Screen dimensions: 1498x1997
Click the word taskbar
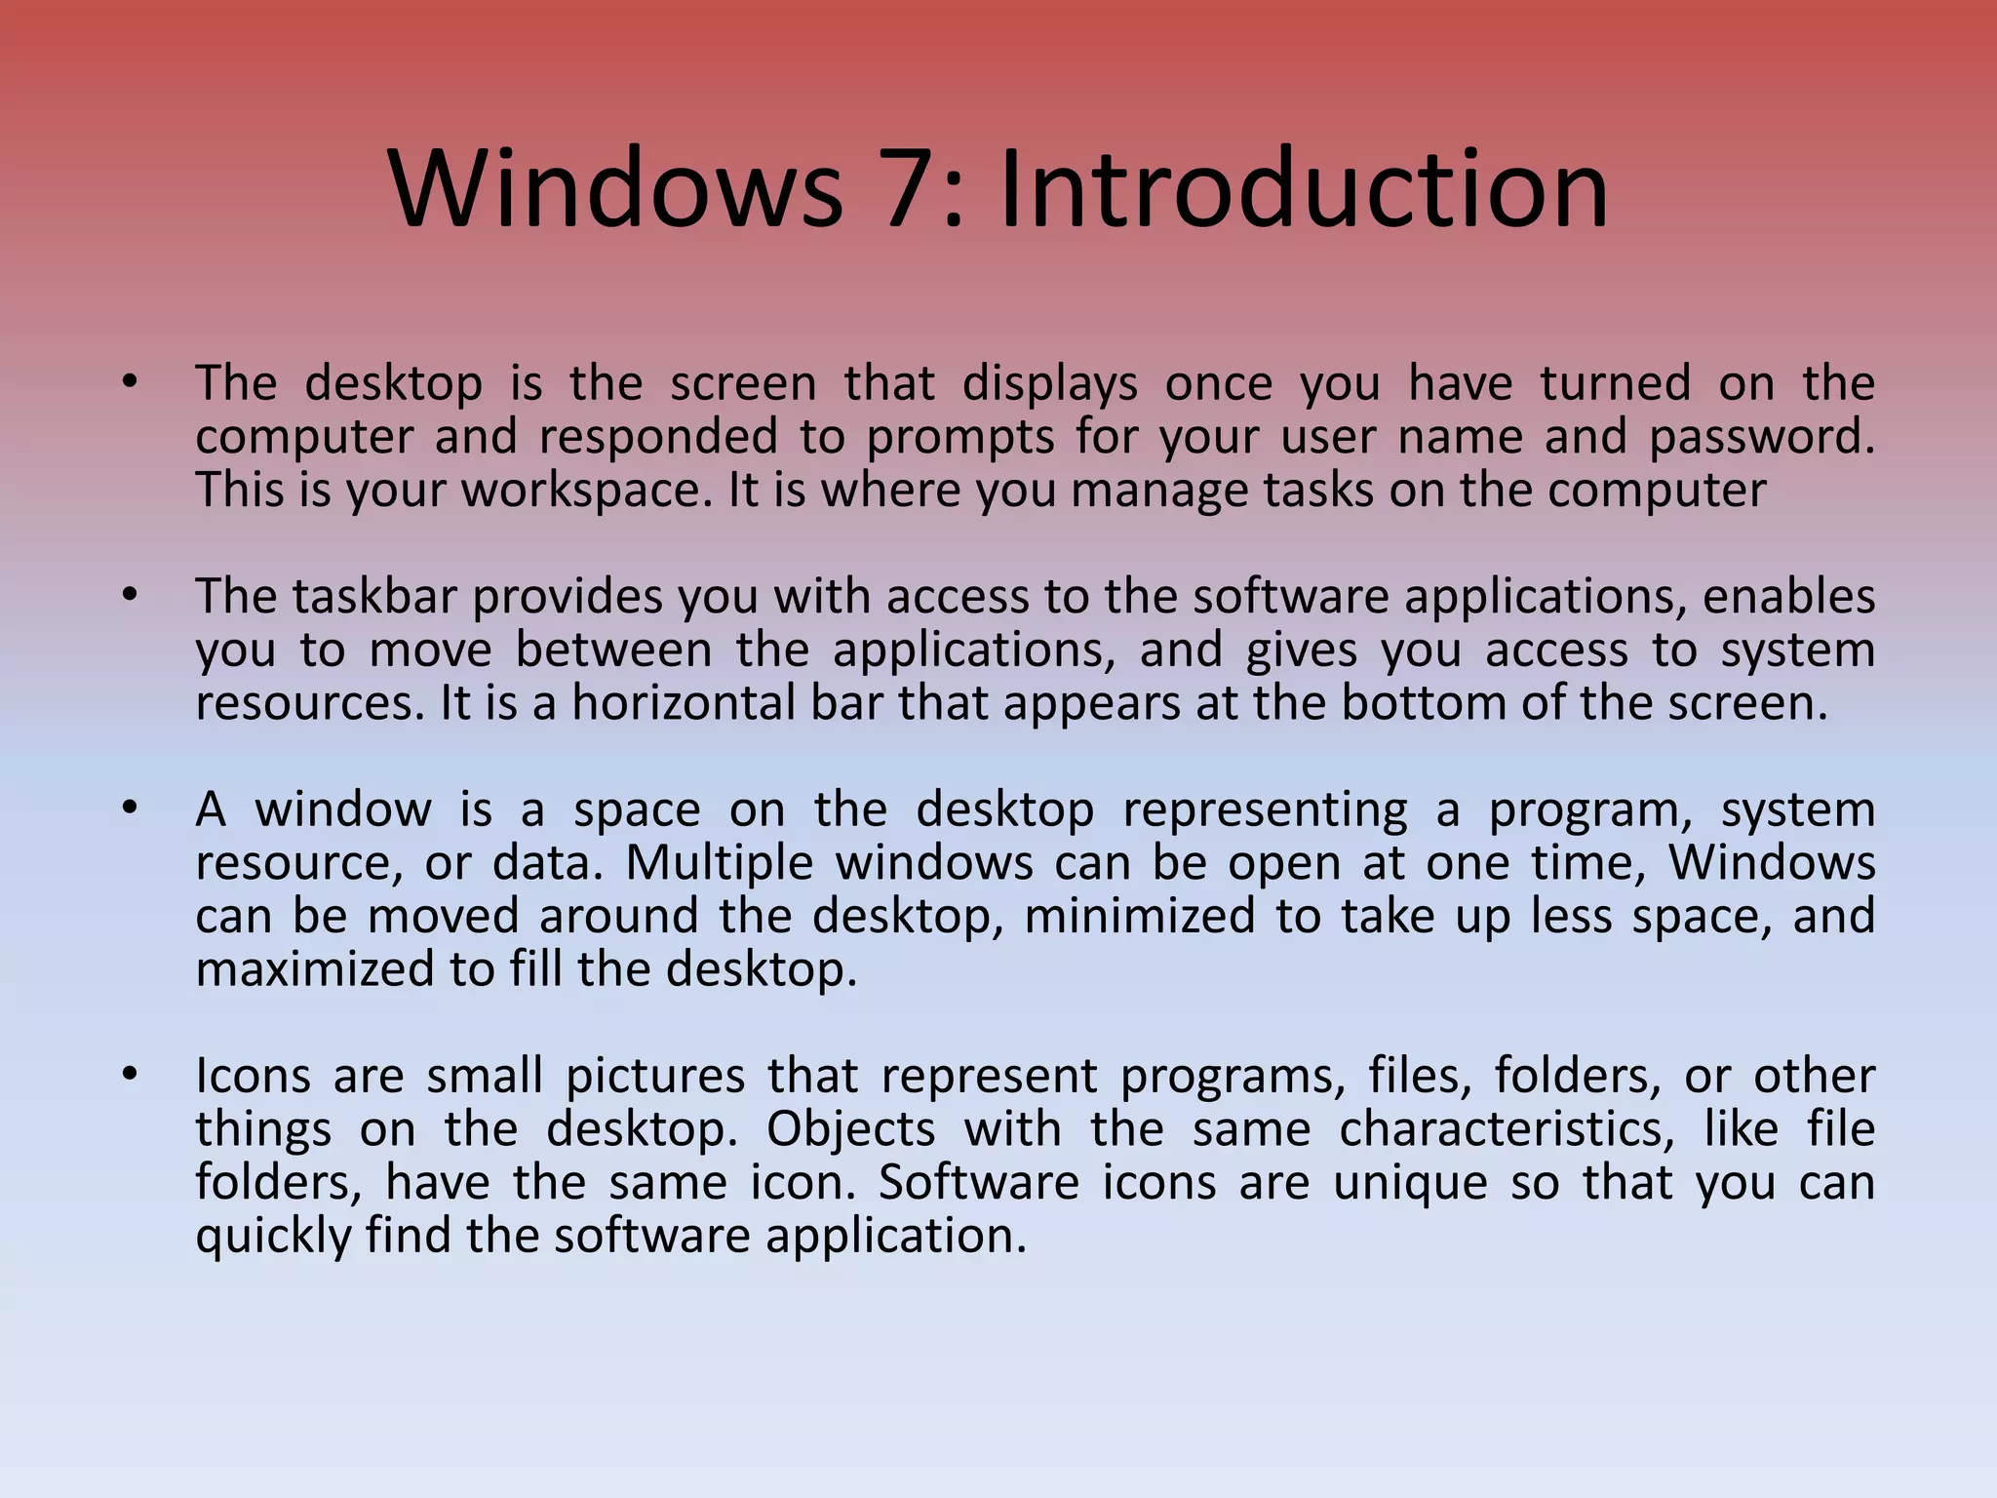[374, 596]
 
